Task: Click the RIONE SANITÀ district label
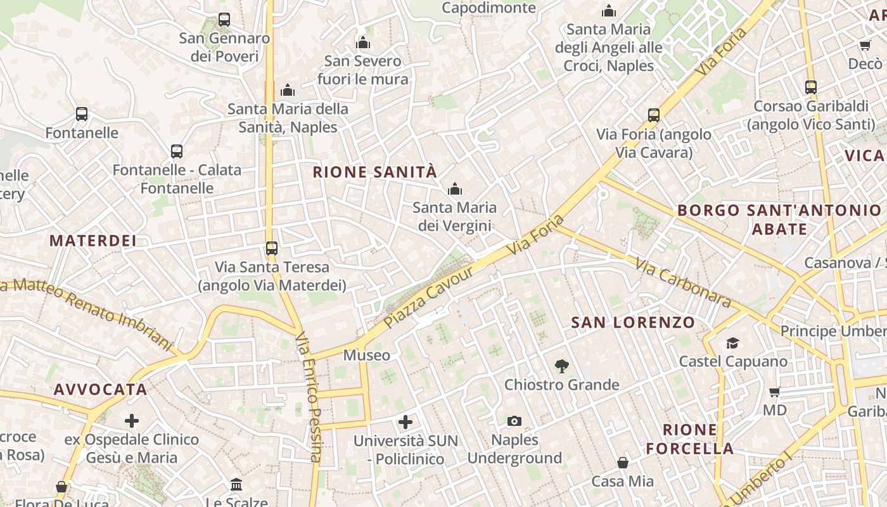click(x=375, y=172)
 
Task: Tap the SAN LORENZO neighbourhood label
click(x=633, y=323)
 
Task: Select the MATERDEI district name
click(x=93, y=241)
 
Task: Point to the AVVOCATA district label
click(x=101, y=389)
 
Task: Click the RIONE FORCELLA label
click(x=689, y=439)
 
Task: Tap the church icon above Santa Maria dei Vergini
click(x=454, y=189)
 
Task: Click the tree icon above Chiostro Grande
click(x=561, y=366)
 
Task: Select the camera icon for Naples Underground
click(x=514, y=421)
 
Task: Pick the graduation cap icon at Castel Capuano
click(x=732, y=343)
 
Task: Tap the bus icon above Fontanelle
click(x=82, y=114)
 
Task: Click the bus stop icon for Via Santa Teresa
click(x=272, y=248)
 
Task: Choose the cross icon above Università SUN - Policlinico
click(x=405, y=421)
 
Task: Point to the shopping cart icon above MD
click(x=774, y=392)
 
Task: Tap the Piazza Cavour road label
click(x=428, y=297)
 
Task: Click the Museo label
click(x=366, y=356)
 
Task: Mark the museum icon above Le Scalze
click(x=236, y=485)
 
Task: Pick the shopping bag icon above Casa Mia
click(x=623, y=463)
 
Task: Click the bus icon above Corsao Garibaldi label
click(x=810, y=87)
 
